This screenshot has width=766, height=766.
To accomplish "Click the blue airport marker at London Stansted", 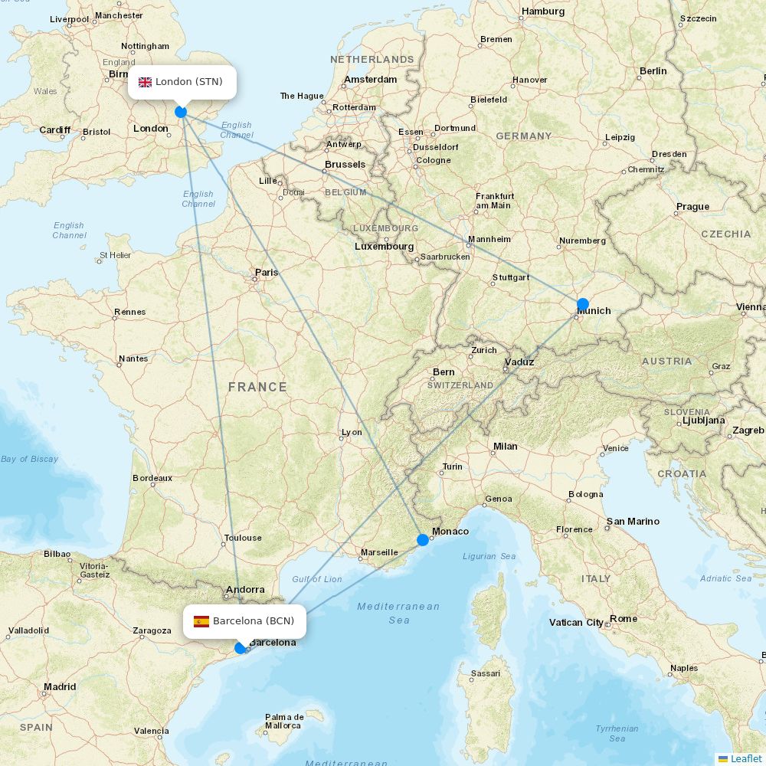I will tap(181, 112).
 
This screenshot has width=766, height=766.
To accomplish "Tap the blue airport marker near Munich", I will tap(582, 304).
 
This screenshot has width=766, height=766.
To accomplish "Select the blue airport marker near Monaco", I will tap(422, 540).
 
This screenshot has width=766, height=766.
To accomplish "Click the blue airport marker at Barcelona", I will tap(241, 648).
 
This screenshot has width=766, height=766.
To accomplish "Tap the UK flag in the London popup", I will tap(145, 82).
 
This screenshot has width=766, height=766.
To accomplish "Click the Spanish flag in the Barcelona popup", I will tap(201, 621).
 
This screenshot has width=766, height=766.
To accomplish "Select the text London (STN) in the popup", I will tap(189, 82).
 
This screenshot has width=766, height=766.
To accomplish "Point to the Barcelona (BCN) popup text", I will tap(254, 621).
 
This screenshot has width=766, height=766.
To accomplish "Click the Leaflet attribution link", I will tap(745, 758).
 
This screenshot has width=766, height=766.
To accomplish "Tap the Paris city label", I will tap(267, 273).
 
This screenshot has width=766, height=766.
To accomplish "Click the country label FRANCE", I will tap(257, 388).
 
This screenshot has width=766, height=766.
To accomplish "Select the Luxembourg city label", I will tap(384, 247).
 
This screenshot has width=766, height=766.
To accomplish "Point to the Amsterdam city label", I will tap(371, 80).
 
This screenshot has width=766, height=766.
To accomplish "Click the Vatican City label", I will tap(576, 623).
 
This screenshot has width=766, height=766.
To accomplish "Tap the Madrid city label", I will tap(60, 687).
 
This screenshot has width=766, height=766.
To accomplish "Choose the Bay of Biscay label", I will tap(30, 460).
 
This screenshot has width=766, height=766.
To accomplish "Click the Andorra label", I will tap(245, 590).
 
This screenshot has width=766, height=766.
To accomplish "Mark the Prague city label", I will tap(692, 207).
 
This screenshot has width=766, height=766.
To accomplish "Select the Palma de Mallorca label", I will tap(284, 722).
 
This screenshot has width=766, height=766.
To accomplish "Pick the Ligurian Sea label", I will tap(489, 557).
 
